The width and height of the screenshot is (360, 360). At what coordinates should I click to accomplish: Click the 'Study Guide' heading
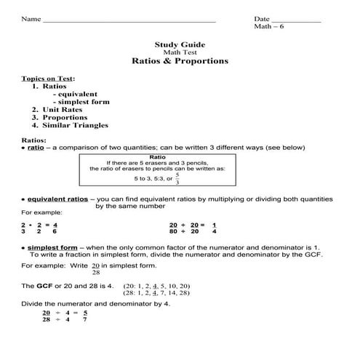coord(180,44)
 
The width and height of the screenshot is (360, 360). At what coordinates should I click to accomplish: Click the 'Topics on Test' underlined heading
coord(48,78)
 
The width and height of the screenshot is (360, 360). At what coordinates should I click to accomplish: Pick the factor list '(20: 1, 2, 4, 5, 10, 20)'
coord(156,285)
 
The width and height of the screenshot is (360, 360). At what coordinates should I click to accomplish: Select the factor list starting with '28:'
coord(156,293)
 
